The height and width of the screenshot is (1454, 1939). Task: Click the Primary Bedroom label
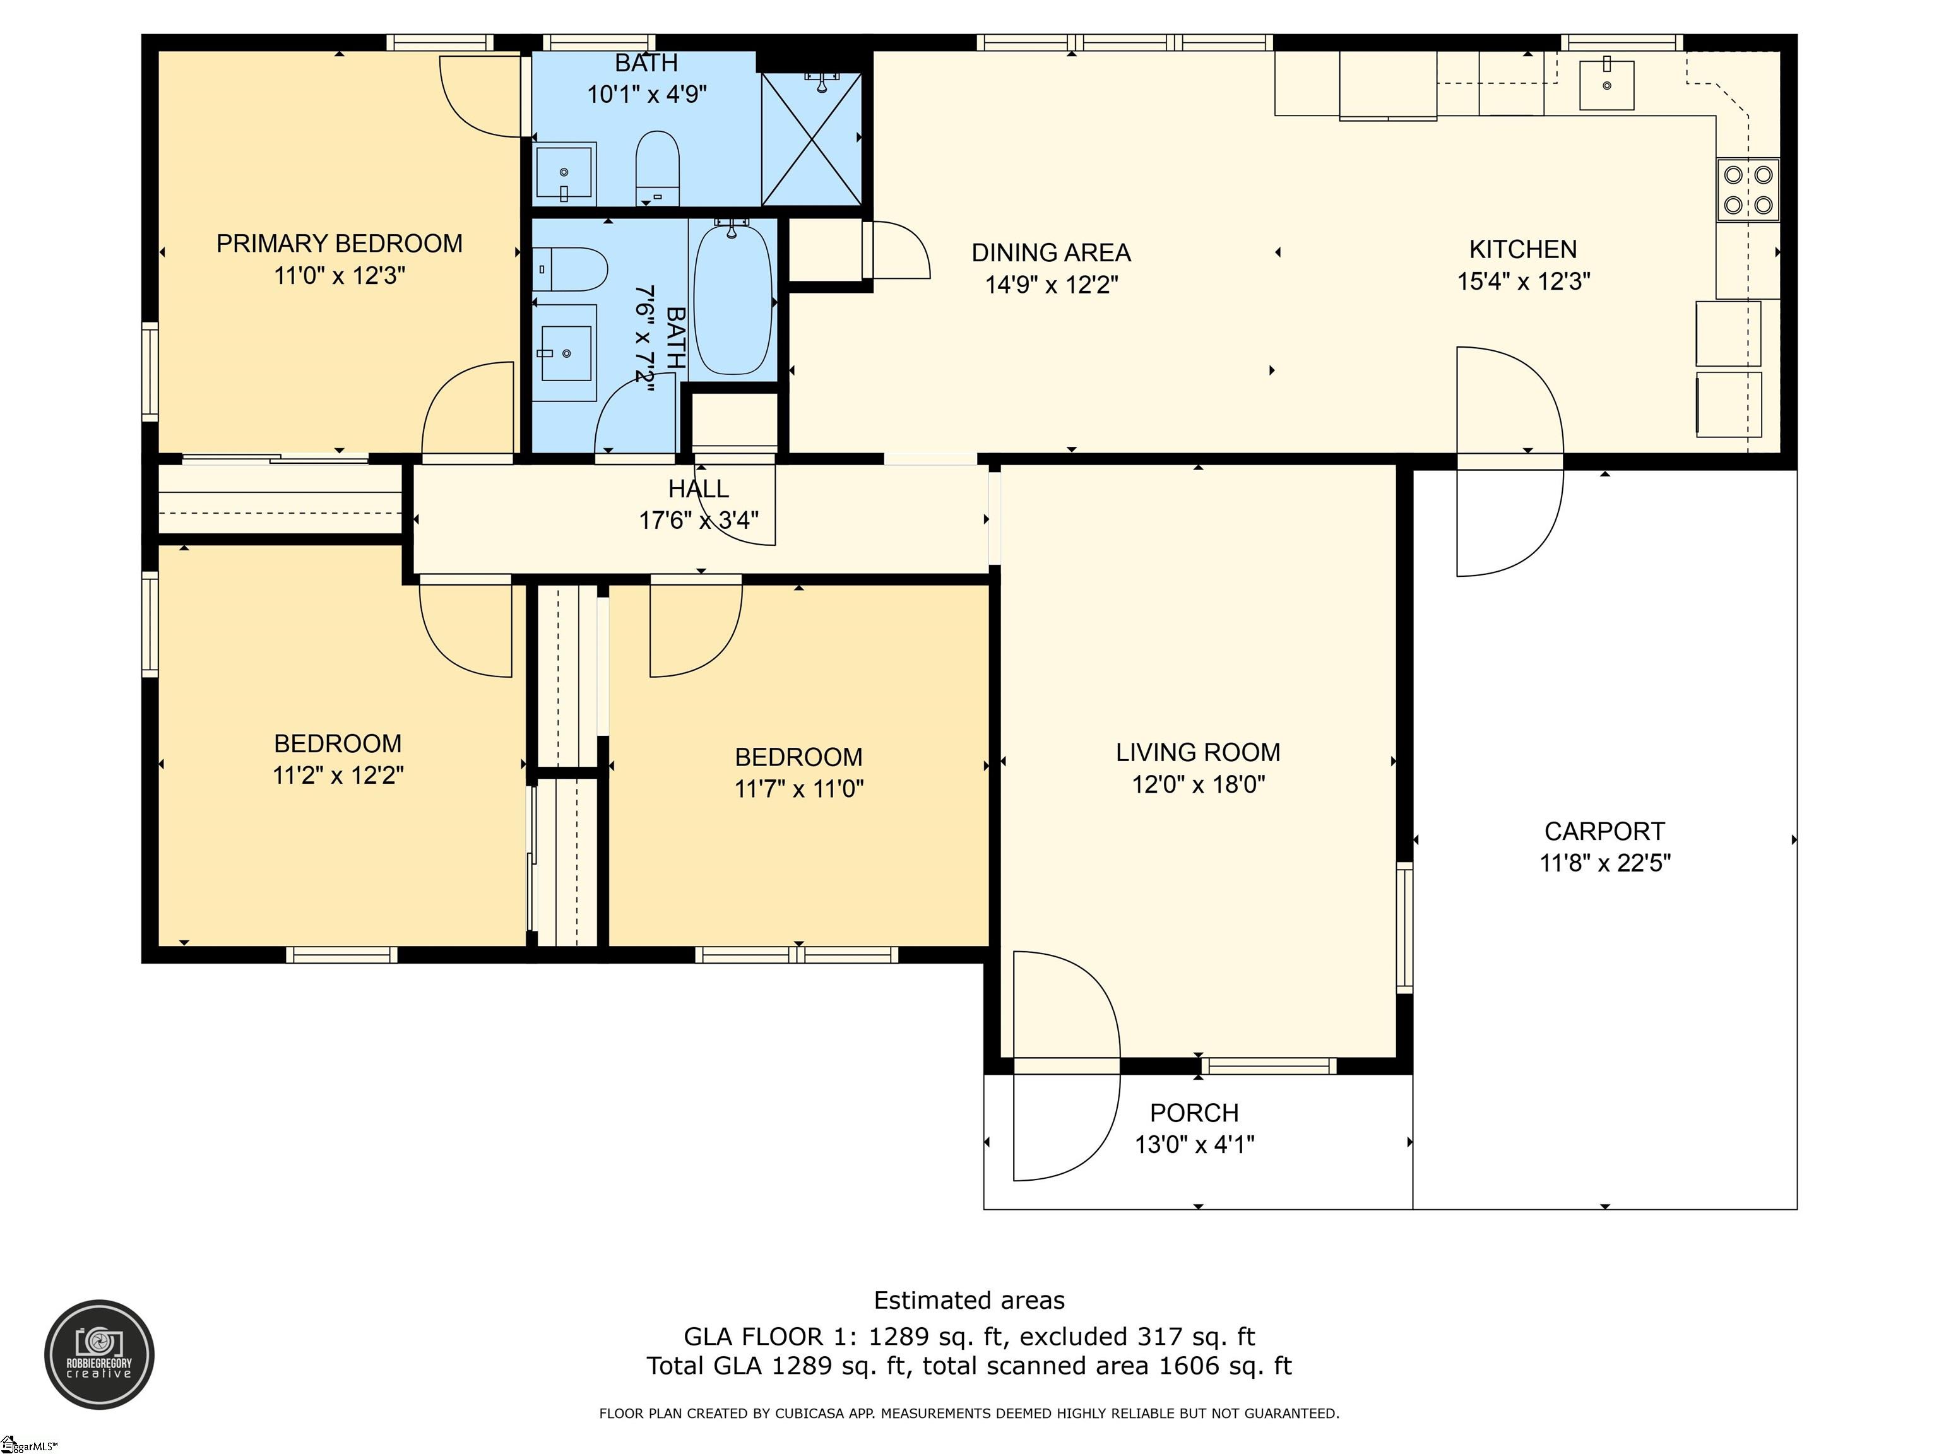click(x=339, y=244)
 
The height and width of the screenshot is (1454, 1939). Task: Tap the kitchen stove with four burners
click(x=1748, y=189)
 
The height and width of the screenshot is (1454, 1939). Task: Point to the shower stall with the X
click(x=812, y=138)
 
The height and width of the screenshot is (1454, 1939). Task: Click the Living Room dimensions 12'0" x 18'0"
click(x=1198, y=784)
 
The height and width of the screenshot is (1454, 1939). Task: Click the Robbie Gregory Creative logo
click(x=99, y=1354)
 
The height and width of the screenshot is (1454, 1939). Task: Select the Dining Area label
click(x=1051, y=253)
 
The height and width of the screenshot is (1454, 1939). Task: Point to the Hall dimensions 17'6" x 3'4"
click(x=699, y=521)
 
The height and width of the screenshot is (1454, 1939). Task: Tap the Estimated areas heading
click(x=969, y=1301)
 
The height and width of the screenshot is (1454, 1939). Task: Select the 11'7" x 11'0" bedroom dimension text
click(x=798, y=789)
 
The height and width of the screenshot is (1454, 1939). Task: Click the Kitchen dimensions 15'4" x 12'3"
click(x=1524, y=281)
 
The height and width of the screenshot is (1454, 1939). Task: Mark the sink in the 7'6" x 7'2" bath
click(x=566, y=352)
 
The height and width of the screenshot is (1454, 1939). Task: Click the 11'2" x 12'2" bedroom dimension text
click(x=338, y=776)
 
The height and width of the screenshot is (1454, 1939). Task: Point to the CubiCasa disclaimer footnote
click(x=969, y=1413)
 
